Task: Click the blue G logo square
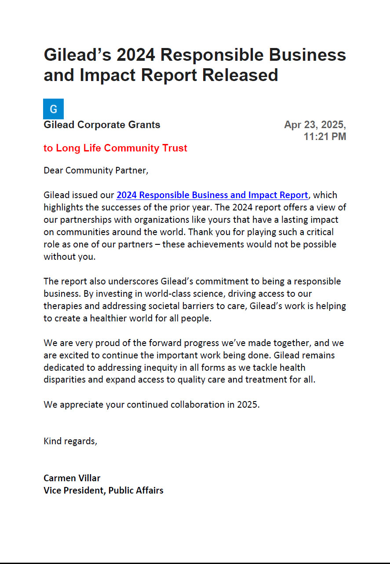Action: pos(53,109)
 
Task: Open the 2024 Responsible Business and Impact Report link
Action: pos(212,195)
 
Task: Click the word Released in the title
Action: pos(240,75)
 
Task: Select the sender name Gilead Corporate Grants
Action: pos(102,125)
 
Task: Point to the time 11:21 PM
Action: pos(324,137)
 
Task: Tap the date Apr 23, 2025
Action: pos(315,125)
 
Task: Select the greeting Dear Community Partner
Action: pos(96,171)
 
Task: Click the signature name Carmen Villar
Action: pos(72,478)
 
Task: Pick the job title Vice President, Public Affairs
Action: pos(103,490)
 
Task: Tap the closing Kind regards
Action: pos(70,441)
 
